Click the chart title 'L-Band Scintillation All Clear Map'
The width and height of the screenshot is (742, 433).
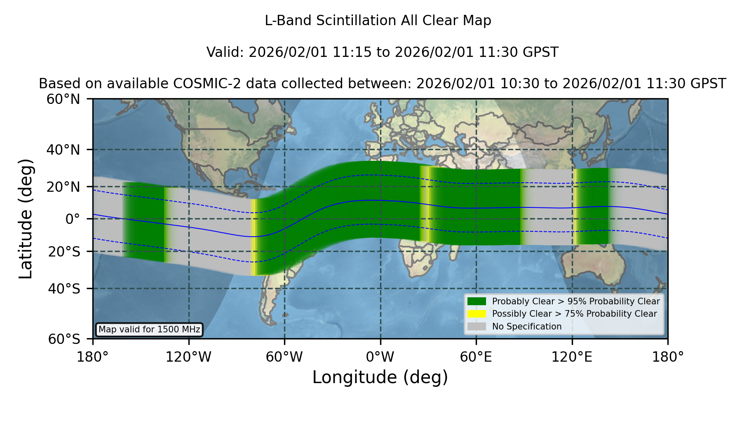[378, 21]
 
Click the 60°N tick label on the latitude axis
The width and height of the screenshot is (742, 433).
[63, 99]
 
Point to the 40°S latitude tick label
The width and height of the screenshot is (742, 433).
[64, 289]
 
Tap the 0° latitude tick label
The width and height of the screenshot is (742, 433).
[73, 219]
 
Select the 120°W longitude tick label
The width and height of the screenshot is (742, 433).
[188, 357]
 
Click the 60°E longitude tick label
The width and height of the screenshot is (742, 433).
[476, 357]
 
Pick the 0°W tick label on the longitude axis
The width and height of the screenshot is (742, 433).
[380, 357]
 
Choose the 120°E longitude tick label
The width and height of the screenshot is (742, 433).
[572, 357]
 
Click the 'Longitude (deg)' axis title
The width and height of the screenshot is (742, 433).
[380, 377]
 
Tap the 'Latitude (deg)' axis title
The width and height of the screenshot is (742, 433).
[26, 219]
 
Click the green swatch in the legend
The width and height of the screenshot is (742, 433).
[477, 301]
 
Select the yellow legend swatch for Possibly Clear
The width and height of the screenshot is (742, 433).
[477, 314]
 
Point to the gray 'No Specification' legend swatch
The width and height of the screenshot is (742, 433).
[477, 327]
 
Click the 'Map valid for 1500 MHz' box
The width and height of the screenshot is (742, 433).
[149, 329]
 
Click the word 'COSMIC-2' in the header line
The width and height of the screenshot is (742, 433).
[201, 84]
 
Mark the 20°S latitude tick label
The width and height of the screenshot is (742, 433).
[64, 252]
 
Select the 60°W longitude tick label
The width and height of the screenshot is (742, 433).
[284, 357]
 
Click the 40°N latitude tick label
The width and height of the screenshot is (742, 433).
[63, 150]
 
